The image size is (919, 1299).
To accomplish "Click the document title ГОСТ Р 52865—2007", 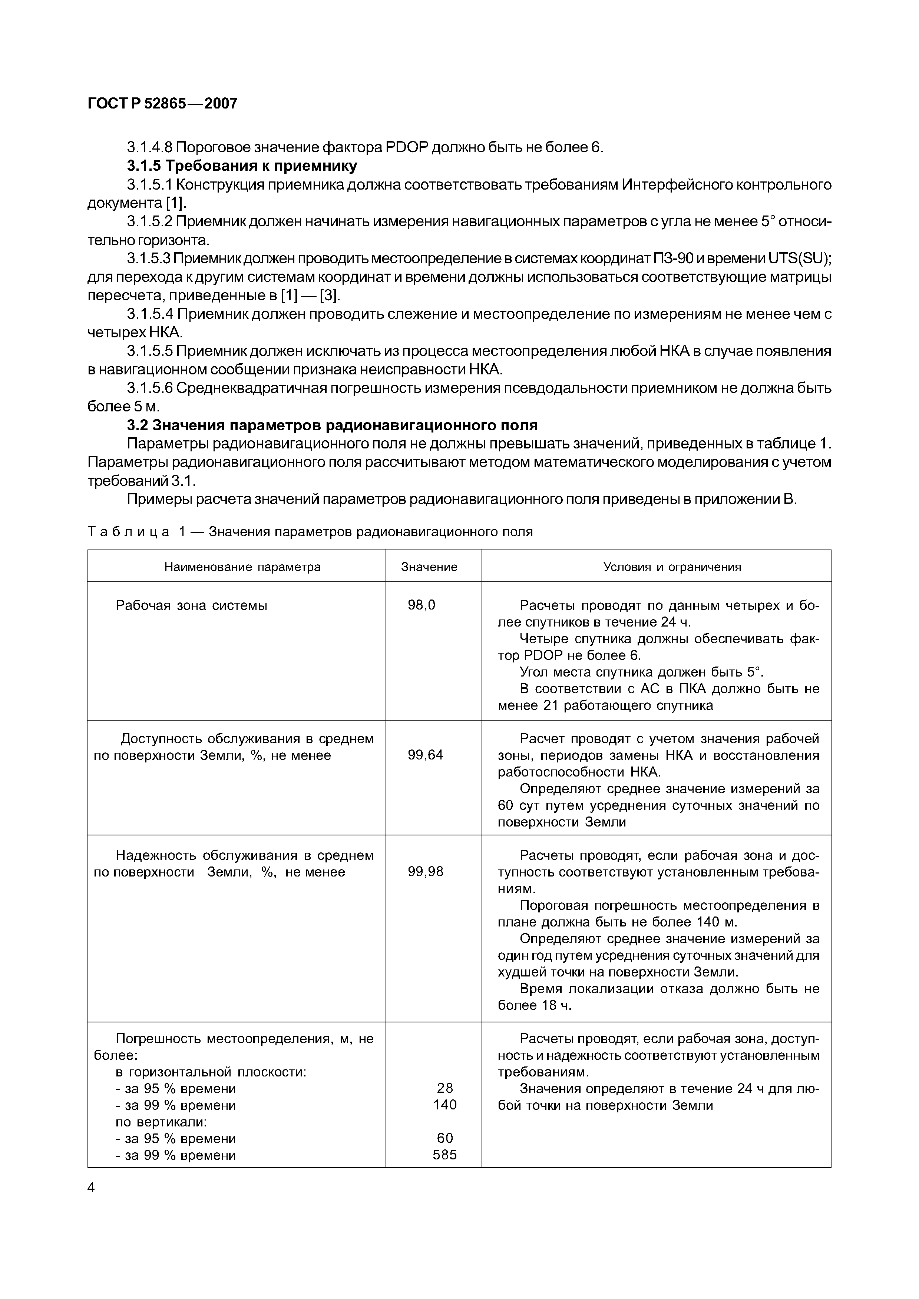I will (162, 104).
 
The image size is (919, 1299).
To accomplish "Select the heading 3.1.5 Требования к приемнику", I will (242, 166).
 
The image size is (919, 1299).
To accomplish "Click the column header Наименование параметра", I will (242, 567).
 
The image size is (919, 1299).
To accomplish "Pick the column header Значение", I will (429, 567).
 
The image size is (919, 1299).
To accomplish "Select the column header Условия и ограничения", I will (672, 567).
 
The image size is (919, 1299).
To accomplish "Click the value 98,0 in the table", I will (422, 605).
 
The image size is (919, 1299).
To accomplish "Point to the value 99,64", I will (425, 755).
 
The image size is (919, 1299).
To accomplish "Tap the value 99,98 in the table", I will (425, 871).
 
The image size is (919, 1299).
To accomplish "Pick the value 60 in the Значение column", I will (445, 1138).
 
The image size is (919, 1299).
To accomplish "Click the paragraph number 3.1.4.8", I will (149, 148).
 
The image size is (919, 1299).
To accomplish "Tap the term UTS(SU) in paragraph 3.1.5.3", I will (800, 258).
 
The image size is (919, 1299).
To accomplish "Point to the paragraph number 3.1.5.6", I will (149, 388).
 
